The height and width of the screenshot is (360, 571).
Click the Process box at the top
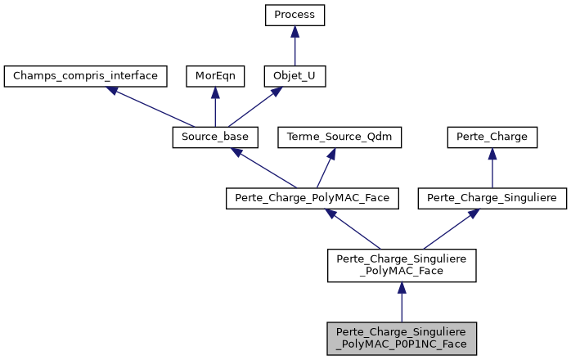coord(294,16)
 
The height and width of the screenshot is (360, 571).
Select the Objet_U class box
coord(294,76)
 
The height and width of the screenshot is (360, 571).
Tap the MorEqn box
coord(215,76)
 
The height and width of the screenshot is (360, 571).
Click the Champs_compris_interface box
coord(86,76)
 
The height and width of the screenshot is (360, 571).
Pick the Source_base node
coord(215,137)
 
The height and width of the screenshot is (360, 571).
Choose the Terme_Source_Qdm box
coord(340,137)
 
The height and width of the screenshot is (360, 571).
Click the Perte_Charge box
coord(491,137)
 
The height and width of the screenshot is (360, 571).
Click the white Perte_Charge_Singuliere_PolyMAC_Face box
coord(401,265)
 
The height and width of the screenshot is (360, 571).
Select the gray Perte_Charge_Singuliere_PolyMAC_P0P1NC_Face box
coord(401,337)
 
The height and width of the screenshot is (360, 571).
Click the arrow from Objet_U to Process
coord(294,46)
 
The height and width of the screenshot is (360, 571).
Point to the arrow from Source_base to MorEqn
coord(215,106)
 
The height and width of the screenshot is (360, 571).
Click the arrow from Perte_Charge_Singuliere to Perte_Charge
coord(491,167)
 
